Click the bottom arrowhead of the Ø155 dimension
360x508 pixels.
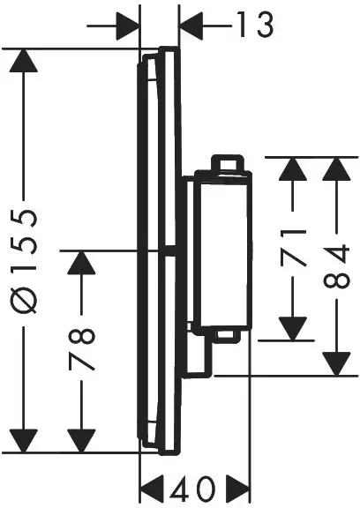(x=27, y=438)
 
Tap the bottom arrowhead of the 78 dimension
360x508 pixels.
(x=80, y=438)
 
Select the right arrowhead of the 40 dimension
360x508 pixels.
(x=236, y=488)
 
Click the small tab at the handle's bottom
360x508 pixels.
(x=226, y=335)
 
